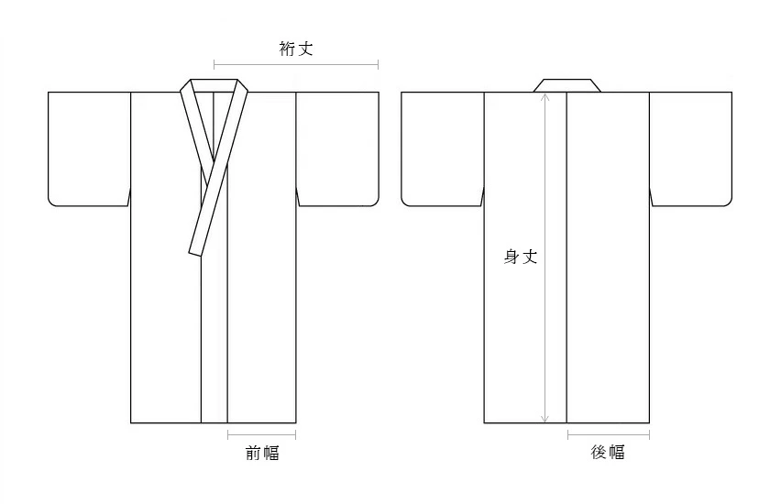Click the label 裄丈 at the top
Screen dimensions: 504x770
[x=296, y=49]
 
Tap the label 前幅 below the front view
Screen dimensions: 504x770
[x=261, y=452]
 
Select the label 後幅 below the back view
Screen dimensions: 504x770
[x=608, y=452]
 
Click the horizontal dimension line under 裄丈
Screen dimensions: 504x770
[x=296, y=64]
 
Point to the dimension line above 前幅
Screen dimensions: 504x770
[x=261, y=433]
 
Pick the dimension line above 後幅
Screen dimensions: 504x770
[x=608, y=433]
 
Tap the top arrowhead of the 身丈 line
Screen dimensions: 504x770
[x=544, y=97]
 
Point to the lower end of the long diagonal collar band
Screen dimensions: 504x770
[x=196, y=247]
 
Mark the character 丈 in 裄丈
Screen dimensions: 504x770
[x=305, y=49]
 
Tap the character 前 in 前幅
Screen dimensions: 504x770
[x=252, y=452]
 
